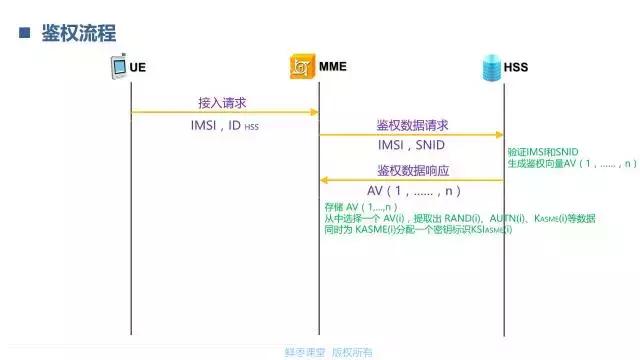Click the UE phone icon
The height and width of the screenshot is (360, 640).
[118, 69]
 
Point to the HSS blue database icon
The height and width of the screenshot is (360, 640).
[489, 68]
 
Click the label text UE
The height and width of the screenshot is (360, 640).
[140, 69]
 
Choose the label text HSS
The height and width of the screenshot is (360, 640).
[516, 69]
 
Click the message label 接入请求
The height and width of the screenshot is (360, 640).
[223, 103]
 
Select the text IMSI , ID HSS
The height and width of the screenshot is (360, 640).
[224, 126]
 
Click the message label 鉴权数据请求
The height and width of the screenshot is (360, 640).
[412, 125]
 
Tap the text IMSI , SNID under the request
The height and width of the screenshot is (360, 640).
[411, 146]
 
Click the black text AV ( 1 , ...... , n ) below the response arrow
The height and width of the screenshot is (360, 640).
[412, 190]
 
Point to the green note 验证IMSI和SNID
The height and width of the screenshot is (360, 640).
[542, 151]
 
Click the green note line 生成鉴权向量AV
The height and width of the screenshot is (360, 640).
[572, 163]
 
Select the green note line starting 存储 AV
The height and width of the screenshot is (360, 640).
[354, 207]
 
